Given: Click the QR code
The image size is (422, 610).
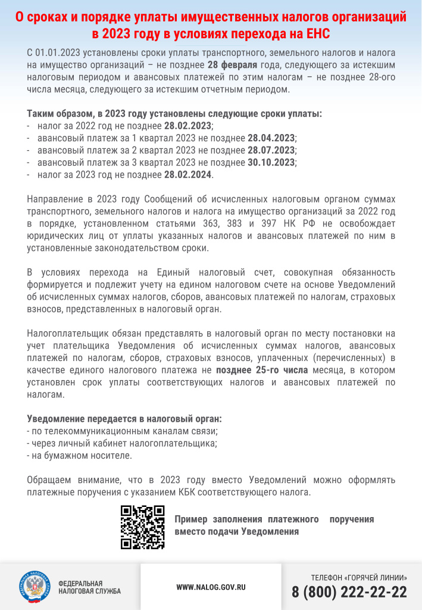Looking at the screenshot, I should click(142, 527).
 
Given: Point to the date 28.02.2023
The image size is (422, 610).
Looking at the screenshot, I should click(188, 126).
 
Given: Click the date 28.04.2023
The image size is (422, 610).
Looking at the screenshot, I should click(271, 138).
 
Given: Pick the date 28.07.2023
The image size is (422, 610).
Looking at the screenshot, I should click(271, 150).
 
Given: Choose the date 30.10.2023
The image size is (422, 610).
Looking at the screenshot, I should click(271, 162).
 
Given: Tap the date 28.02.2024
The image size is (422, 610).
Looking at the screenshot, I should click(188, 175).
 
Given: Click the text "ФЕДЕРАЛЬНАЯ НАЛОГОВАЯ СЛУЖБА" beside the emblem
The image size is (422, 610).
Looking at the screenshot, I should click(89, 587).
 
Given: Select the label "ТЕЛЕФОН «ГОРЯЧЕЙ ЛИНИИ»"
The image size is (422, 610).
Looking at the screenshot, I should click(359, 577).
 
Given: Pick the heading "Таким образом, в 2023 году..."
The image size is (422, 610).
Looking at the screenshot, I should click(174, 114).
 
